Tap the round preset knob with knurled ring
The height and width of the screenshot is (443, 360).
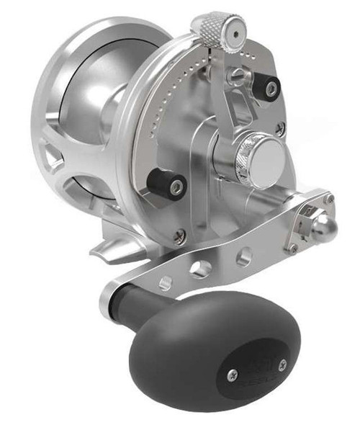(253, 152)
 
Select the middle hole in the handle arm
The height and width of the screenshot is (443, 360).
(199, 269)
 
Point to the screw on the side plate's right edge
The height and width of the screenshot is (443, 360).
(280, 129)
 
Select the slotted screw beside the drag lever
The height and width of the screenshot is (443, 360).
(235, 74)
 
